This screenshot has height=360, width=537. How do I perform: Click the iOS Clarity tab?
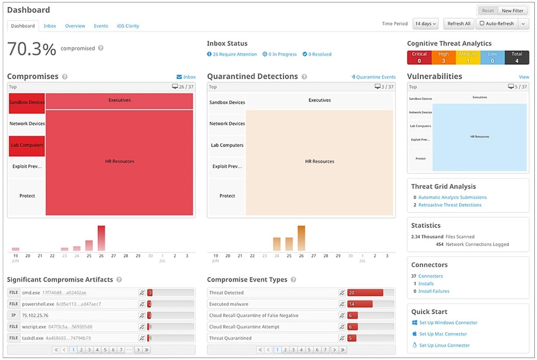pyautogui.click(x=128, y=26)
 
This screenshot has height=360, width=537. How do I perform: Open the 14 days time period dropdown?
pyautogui.click(x=426, y=24)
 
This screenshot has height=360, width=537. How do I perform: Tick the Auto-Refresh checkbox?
pyautogui.click(x=482, y=24)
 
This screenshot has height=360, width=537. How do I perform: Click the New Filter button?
pyautogui.click(x=512, y=11)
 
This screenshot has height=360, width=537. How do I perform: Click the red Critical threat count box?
pyautogui.click(x=419, y=57)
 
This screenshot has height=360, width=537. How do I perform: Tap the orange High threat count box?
pyautogui.click(x=443, y=57)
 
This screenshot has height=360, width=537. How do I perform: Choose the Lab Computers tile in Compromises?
pyautogui.click(x=27, y=145)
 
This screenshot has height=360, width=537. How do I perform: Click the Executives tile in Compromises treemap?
pyautogui.click(x=119, y=100)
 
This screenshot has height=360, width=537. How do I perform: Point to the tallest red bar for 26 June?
pyautogui.click(x=101, y=238)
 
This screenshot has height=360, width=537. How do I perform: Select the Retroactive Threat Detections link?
pyautogui.click(x=449, y=205)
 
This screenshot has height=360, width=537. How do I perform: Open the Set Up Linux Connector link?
pyautogui.click(x=444, y=345)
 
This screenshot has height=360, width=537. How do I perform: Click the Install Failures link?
pyautogui.click(x=433, y=291)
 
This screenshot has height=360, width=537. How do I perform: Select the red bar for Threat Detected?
pyautogui.click(x=365, y=293)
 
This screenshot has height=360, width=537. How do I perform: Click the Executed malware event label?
pyautogui.click(x=230, y=304)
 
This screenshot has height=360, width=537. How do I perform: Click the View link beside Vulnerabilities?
pyautogui.click(x=524, y=77)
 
